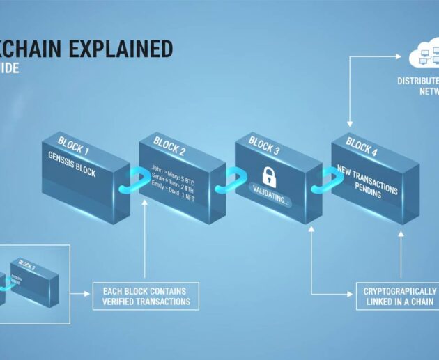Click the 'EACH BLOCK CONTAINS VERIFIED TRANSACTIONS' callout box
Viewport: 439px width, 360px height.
point(146,296)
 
